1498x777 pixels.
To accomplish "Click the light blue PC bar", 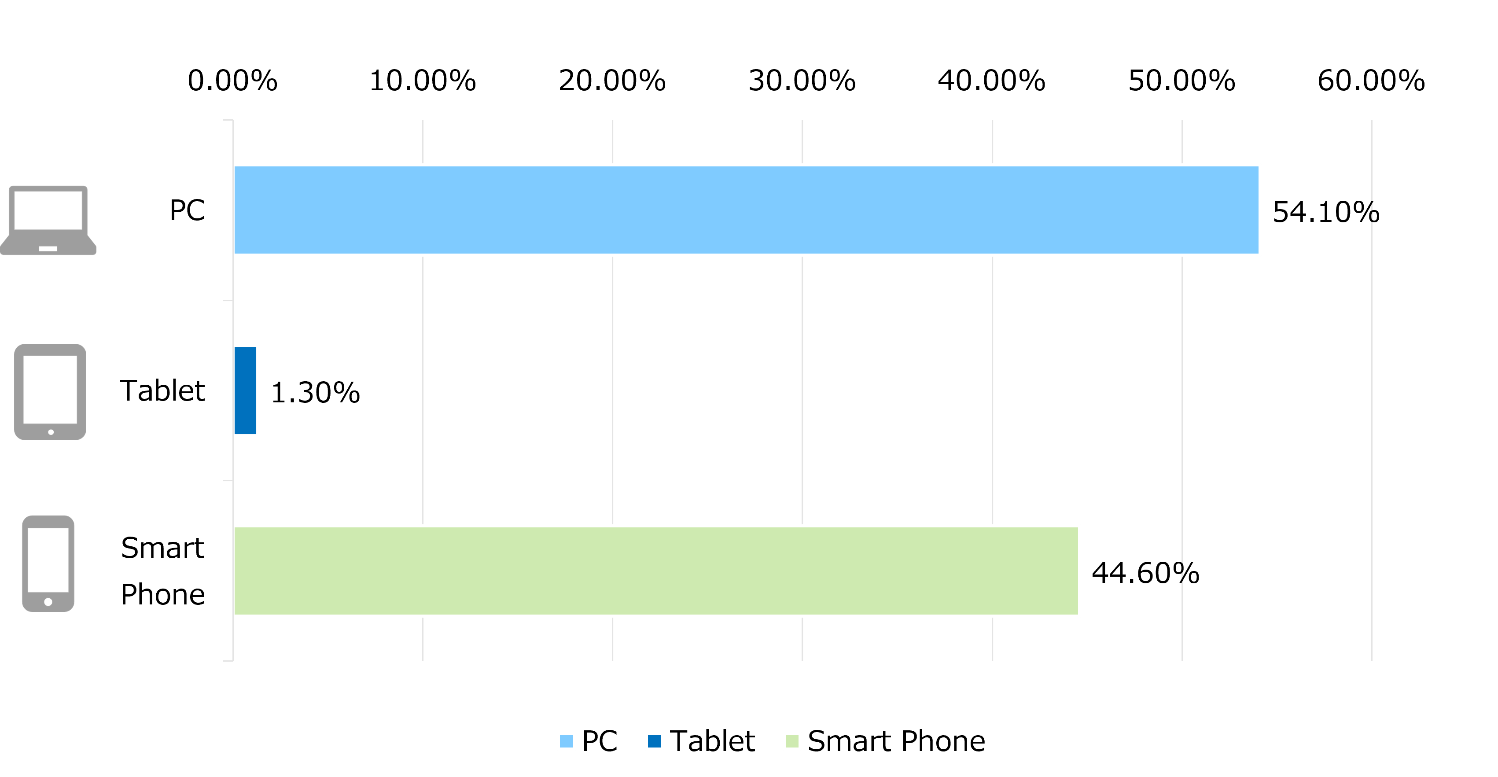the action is pyautogui.click(x=746, y=210).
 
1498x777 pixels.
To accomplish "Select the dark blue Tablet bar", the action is pyautogui.click(x=245, y=390).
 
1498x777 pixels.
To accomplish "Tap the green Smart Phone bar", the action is pyautogui.click(x=656, y=571).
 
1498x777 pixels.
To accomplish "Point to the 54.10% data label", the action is pyautogui.click(x=1326, y=212).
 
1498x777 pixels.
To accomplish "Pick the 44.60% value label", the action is pyautogui.click(x=1145, y=573).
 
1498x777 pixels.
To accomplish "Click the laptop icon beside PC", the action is pyautogui.click(x=48, y=221).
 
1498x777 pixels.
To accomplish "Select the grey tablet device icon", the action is pyautogui.click(x=50, y=392).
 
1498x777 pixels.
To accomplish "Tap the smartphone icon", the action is pyautogui.click(x=48, y=563).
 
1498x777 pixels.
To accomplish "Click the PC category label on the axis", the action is pyautogui.click(x=187, y=210).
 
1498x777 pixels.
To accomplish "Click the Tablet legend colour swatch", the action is pyautogui.click(x=654, y=741).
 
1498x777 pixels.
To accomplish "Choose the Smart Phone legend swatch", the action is pyautogui.click(x=792, y=741).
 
